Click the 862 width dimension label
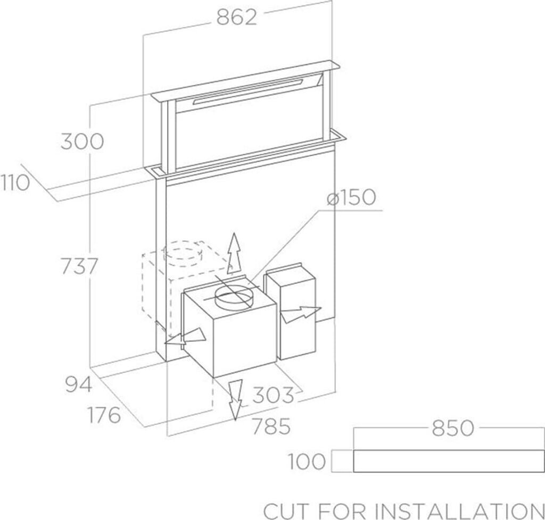point(237,18)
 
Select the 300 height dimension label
point(81,142)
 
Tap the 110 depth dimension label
point(14,183)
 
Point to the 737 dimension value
point(79,266)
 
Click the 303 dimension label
point(272,395)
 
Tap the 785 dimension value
point(271,426)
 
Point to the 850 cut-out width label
point(452,429)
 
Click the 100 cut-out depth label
point(307,462)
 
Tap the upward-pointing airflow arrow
point(232,253)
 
